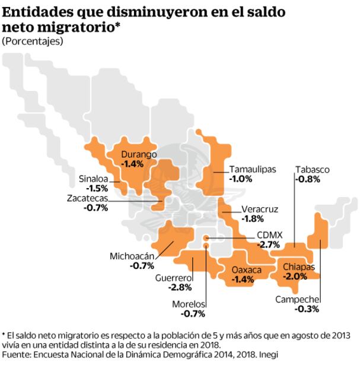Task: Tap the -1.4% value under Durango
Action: pyautogui.click(x=132, y=164)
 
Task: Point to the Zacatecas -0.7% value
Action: pyautogui.click(x=96, y=208)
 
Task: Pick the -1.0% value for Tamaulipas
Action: pyautogui.click(x=241, y=178)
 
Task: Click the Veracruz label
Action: pyautogui.click(x=260, y=209)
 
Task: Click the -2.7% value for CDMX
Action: pyautogui.click(x=268, y=244)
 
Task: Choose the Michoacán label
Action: pyautogui.click(x=132, y=256)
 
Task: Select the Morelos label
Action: pyautogui.click(x=189, y=304)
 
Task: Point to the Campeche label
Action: pyautogui.click(x=298, y=300)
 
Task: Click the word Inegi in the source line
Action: pyautogui.click(x=267, y=354)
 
